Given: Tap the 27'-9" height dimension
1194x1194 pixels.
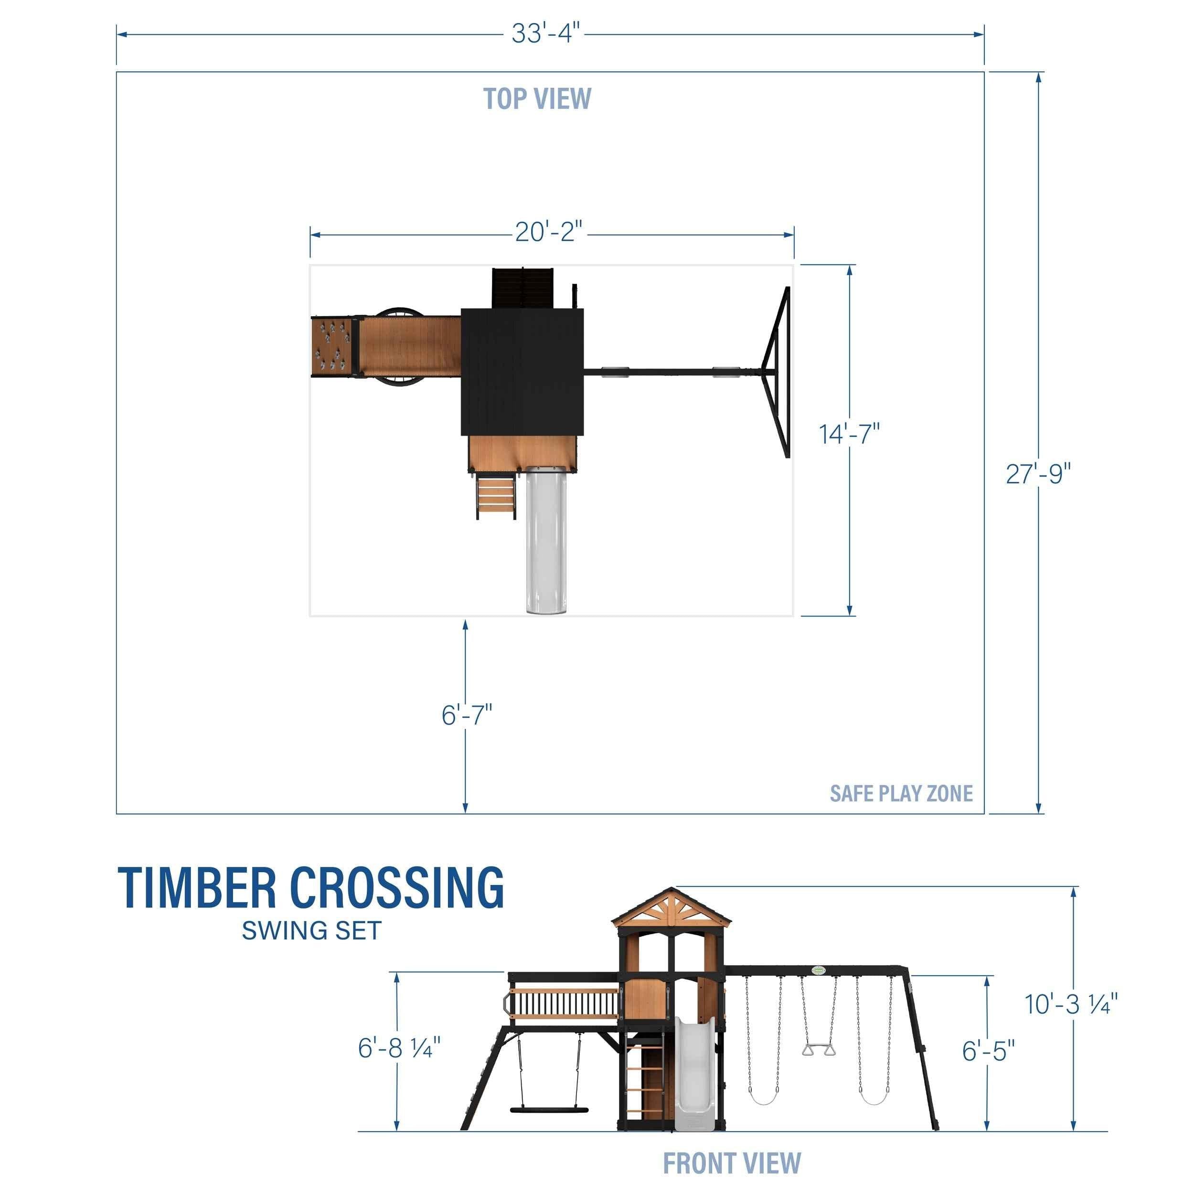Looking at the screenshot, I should pyautogui.click(x=1038, y=474).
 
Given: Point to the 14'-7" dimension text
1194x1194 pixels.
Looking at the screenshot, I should pyautogui.click(x=849, y=434).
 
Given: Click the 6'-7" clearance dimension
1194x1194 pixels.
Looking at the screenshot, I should pyautogui.click(x=467, y=715).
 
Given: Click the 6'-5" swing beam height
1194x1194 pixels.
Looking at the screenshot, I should pyautogui.click(x=988, y=1051).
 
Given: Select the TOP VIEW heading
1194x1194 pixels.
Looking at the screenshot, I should pyautogui.click(x=537, y=99).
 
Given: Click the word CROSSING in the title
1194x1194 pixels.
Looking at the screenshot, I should pyautogui.click(x=397, y=888).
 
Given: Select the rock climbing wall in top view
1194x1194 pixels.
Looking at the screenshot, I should pyautogui.click(x=331, y=346).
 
